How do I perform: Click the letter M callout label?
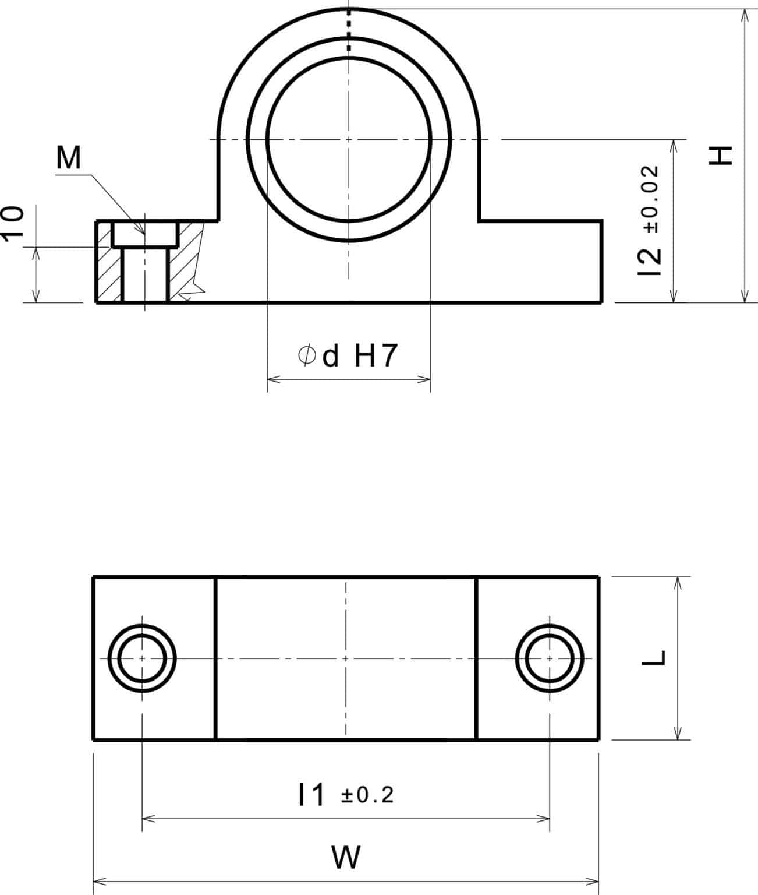pos(69,158)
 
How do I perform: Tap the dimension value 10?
pos(13,221)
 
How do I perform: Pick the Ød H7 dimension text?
pos(348,355)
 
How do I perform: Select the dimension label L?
pos(656,657)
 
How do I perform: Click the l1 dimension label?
pos(311,795)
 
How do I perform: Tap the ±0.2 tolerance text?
pos(367,795)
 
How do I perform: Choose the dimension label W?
pos(346,857)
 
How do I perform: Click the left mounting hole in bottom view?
pos(142,658)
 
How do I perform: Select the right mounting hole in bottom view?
pos(550,658)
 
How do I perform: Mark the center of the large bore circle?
pos(348,139)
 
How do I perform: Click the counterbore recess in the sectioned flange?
pos(145,234)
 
